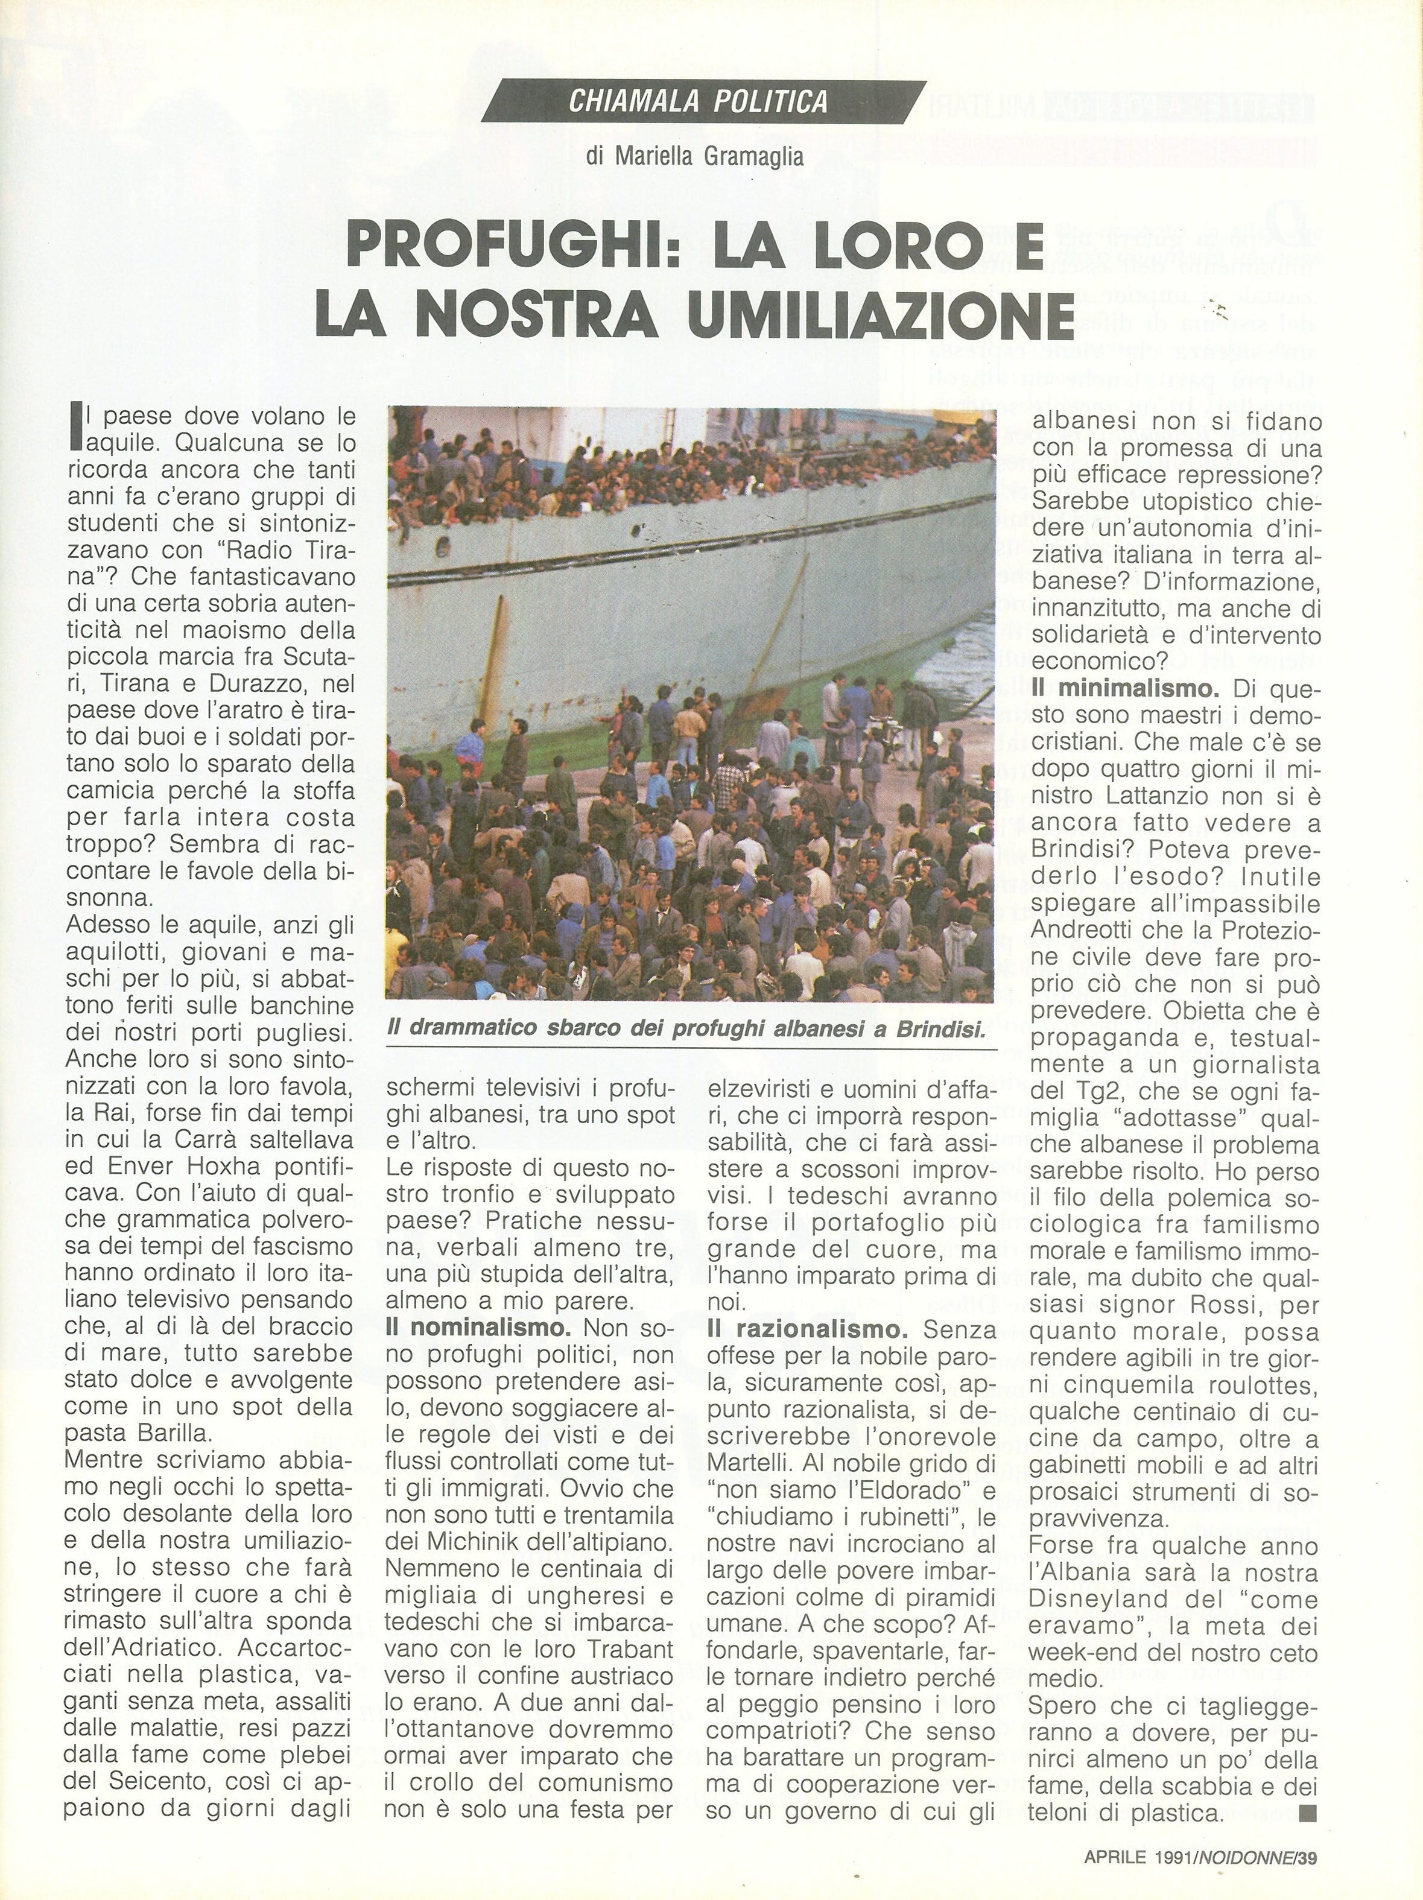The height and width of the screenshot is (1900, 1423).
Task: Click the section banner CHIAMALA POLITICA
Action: pos(698,102)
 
